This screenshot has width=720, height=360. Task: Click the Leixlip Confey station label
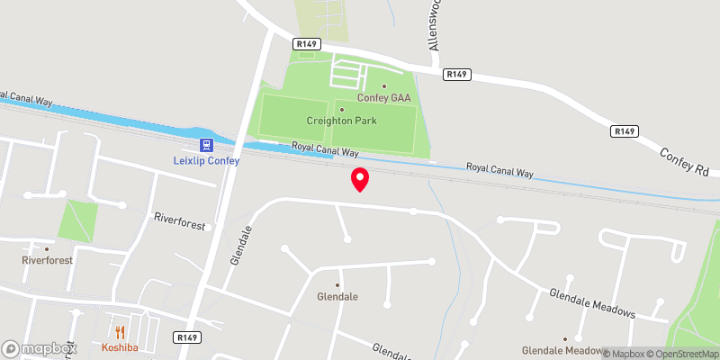[x=206, y=161]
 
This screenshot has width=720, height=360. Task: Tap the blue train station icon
[x=206, y=145]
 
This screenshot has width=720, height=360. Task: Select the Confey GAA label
[x=383, y=98]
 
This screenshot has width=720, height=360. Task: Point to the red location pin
[x=360, y=179]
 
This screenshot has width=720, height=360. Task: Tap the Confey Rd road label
[x=686, y=161]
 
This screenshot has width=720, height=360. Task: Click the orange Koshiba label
[x=120, y=347]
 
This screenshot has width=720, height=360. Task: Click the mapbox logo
[x=40, y=348]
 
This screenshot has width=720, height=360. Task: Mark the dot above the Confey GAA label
[x=383, y=86]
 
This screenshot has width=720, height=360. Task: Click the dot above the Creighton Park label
[x=342, y=109]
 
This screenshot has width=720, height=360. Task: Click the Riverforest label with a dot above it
[x=47, y=260]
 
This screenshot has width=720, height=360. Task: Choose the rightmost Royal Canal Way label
[x=499, y=168]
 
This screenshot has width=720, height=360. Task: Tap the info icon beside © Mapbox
[x=594, y=354]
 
